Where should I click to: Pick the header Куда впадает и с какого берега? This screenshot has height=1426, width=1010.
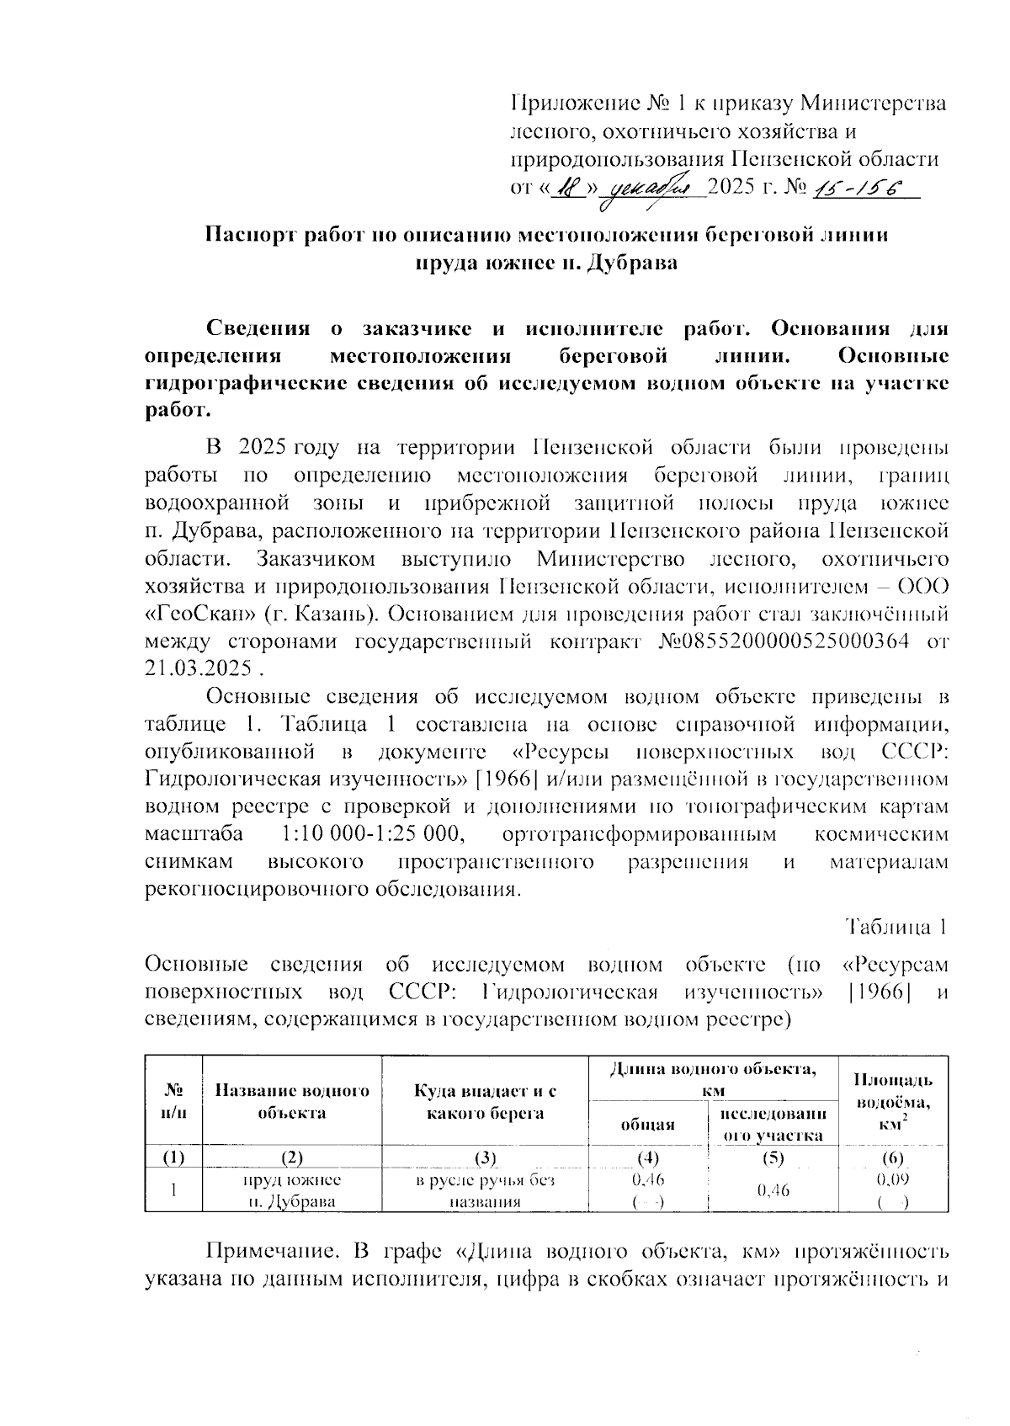(486, 1102)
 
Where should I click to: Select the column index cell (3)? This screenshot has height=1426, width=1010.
(486, 1157)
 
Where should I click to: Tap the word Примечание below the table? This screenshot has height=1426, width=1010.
(270, 1251)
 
